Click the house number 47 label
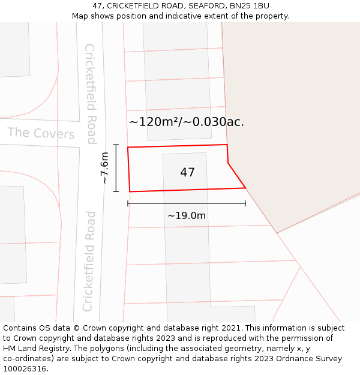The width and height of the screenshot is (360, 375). point(187,173)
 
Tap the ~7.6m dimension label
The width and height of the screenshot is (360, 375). point(104,168)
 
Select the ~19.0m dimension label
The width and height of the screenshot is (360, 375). point(187,216)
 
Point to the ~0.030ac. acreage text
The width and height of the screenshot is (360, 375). point(214,122)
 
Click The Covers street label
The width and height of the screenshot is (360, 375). point(41,133)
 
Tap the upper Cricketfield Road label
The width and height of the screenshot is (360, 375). point(91,94)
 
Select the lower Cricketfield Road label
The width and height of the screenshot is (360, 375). point(89,261)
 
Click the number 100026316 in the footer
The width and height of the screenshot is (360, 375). point(25,369)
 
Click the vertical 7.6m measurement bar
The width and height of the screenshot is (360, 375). point(116,168)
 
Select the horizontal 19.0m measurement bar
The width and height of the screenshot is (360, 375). point(187,203)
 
